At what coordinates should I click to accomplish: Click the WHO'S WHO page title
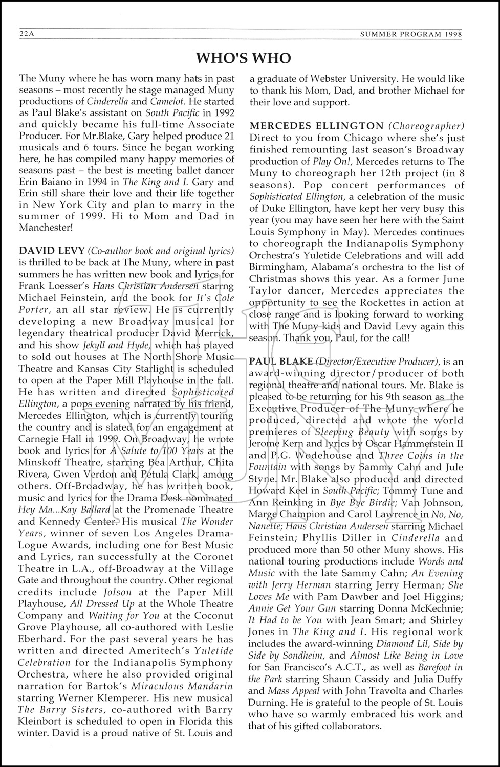[x=244, y=58]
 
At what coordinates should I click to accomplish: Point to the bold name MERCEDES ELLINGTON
[x=316, y=126]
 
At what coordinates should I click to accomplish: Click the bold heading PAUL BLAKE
[x=280, y=362]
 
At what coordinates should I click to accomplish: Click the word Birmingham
[x=277, y=267]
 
